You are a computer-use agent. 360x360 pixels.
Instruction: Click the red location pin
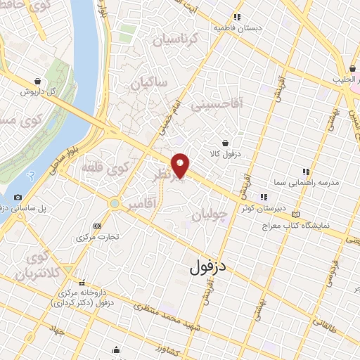pos(181,165)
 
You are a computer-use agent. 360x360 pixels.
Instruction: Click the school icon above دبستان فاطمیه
pos(238,17)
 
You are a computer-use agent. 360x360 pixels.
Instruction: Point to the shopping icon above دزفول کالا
pos(224,142)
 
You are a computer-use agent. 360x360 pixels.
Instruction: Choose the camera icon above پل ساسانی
pos(18,198)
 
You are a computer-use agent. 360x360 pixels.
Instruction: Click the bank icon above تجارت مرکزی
pos(96,226)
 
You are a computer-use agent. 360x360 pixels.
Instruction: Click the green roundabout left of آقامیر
pos(113,203)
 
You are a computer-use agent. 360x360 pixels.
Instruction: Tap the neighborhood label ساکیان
pos(148,83)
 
